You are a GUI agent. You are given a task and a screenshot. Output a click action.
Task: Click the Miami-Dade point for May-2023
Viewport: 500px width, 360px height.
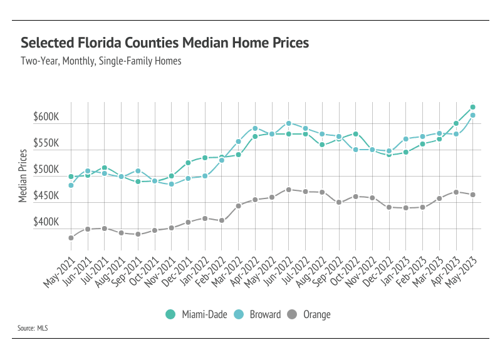point(472,107)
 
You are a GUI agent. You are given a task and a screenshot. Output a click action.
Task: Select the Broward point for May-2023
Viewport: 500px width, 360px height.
point(472,115)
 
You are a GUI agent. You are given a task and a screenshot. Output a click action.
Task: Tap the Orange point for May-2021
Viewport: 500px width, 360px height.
point(71,238)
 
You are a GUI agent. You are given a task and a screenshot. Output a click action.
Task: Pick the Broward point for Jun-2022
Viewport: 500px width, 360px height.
point(289,123)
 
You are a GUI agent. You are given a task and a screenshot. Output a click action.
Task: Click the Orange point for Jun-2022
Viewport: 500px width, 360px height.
point(289,190)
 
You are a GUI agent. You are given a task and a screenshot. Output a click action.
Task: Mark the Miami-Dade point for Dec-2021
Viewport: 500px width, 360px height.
point(188,163)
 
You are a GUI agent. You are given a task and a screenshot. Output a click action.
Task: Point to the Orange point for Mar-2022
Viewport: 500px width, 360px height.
point(239,206)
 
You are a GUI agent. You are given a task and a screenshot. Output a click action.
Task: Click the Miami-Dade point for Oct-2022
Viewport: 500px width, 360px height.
point(355,134)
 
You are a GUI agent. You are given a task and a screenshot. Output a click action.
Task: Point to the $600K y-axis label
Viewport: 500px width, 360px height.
point(46,117)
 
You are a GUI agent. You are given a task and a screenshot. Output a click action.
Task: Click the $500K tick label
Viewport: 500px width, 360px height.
point(46,170)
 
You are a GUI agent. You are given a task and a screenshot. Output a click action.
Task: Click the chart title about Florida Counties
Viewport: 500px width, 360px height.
point(165,43)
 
